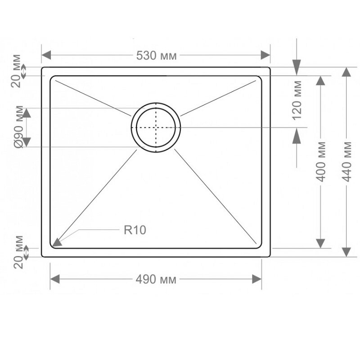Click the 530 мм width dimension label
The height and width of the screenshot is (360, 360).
[156, 55]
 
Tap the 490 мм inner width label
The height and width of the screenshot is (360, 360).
[156, 279]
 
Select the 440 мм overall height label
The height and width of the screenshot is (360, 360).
[346, 162]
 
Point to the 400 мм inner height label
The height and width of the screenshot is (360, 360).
[321, 162]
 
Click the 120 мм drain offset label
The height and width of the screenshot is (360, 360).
[297, 100]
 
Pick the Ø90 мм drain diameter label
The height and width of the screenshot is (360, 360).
[18, 127]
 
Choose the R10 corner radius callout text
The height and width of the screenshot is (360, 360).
[135, 230]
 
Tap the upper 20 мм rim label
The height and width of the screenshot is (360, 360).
[16, 71]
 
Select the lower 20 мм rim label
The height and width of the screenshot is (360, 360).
[18, 252]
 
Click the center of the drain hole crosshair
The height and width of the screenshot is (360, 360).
[156, 127]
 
